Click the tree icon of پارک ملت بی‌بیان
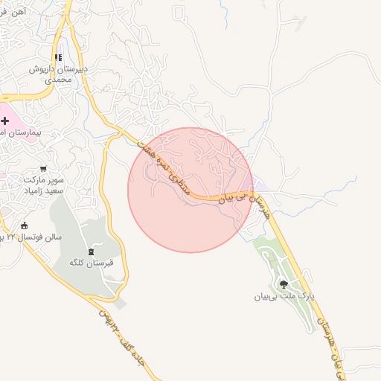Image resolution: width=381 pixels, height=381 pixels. (283, 284)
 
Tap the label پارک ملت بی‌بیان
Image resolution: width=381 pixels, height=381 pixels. (283, 296)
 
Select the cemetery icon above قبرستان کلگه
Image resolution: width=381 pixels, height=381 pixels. (92, 252)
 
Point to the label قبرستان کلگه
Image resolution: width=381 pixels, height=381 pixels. (91, 264)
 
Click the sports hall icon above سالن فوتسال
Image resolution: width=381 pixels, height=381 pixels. (24, 225)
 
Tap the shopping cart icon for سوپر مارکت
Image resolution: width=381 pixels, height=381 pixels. (44, 169)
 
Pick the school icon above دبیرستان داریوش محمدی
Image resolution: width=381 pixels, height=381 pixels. (59, 57)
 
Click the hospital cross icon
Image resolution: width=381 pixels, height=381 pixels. (5, 120)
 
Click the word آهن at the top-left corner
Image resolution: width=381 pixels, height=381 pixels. (20, 12)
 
